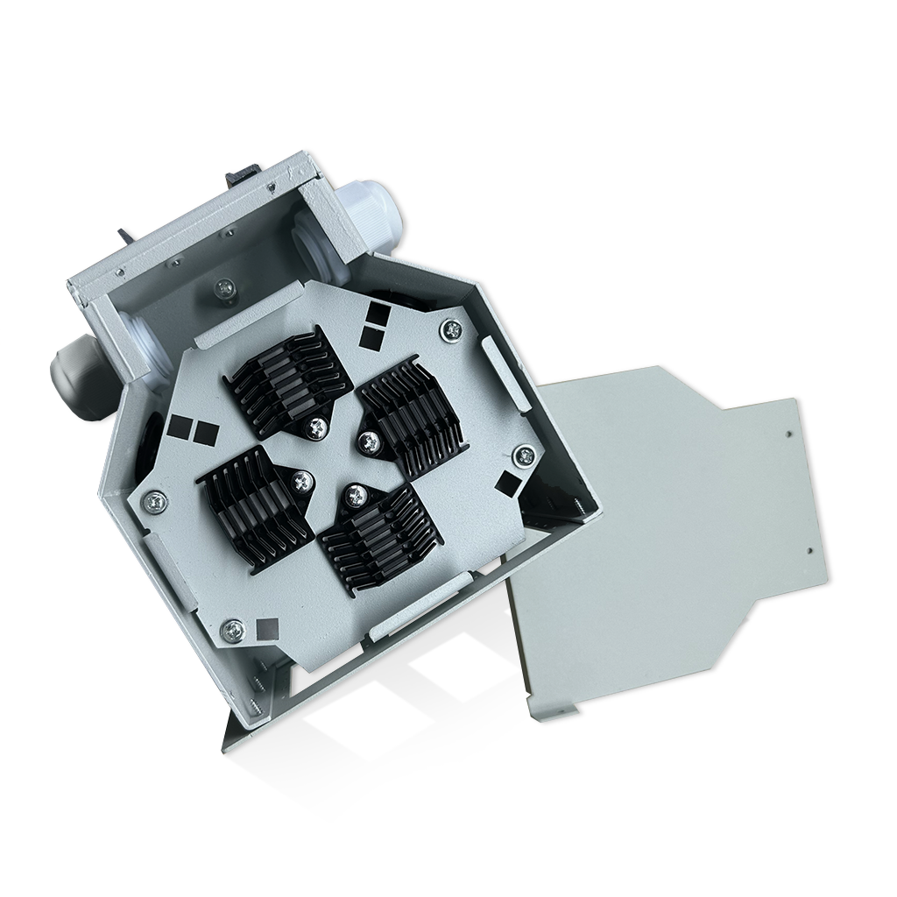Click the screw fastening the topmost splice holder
(x=316, y=427)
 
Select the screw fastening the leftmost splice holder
(x=303, y=479)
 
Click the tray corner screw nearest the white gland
(x=452, y=329)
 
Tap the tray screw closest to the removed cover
(x=524, y=455)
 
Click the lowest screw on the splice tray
(x=233, y=628)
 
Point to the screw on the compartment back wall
(x=225, y=286)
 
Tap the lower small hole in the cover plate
(x=809, y=551)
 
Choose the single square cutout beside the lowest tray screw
(x=267, y=627)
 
